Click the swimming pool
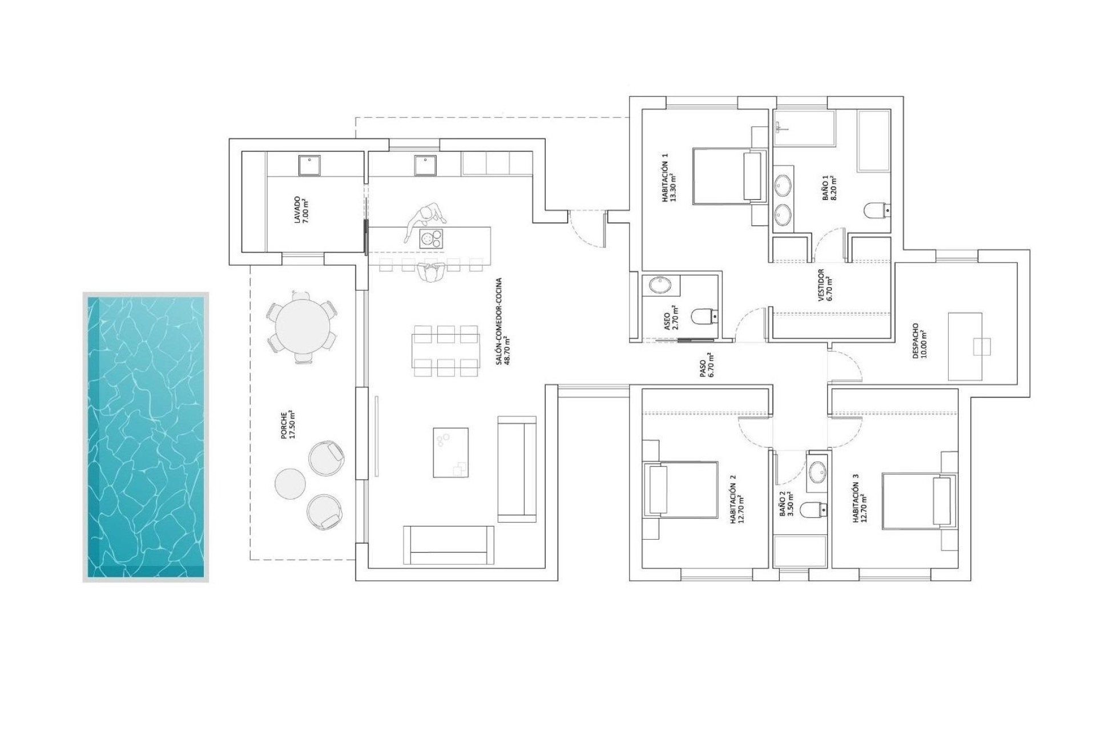point(146,437)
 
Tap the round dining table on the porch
point(302,327)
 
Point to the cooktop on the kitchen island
point(431,238)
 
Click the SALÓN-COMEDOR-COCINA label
point(502,322)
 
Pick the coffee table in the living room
point(450,452)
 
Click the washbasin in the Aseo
point(661,285)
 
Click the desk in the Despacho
point(965,346)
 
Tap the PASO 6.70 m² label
point(706,365)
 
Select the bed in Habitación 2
point(681,489)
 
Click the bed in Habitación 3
point(919,500)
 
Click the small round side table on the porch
point(290,483)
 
